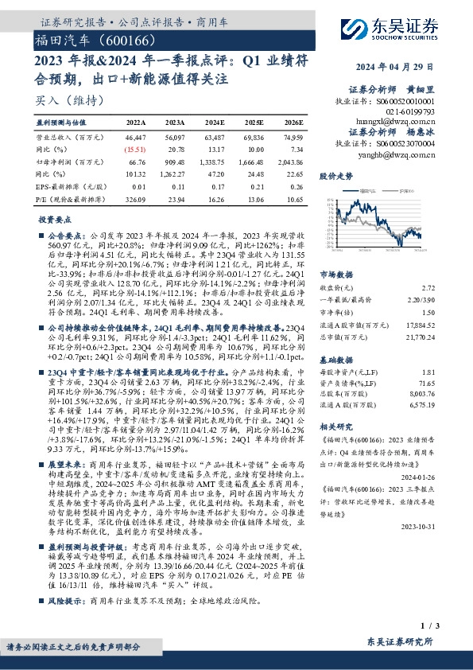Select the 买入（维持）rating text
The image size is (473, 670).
[x=60, y=101]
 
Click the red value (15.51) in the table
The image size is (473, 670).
[x=135, y=149]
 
